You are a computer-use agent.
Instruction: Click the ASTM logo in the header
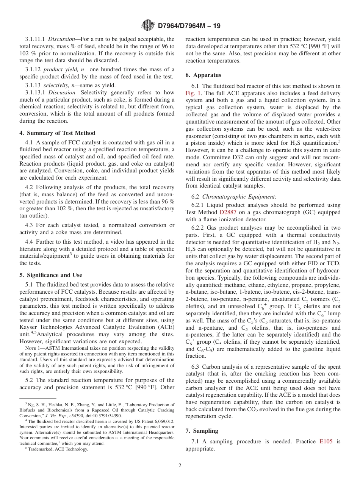pyautogui.click(x=147, y=25)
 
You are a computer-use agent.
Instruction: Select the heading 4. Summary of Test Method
pyautogui.click(x=57, y=133)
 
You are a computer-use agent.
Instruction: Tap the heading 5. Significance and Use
pyautogui.click(x=50, y=275)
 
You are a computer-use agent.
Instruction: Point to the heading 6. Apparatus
pyautogui.click(x=203, y=75)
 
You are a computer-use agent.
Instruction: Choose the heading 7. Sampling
pyautogui.click(x=202, y=431)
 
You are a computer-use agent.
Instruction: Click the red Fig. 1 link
pyautogui.click(x=193, y=93)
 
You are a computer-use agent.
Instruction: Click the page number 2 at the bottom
pyautogui.click(x=180, y=466)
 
